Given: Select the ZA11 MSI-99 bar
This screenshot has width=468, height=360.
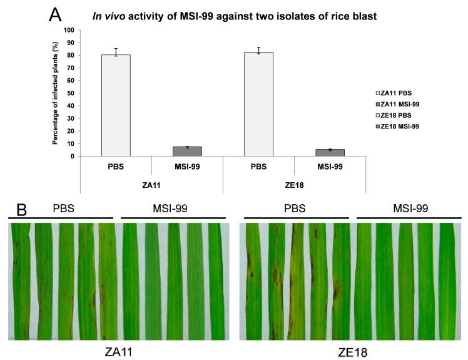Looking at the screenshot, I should (x=187, y=152).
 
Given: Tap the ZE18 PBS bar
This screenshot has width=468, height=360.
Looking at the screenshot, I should (x=258, y=104).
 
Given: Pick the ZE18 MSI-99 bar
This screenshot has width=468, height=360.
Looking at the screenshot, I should (x=330, y=153).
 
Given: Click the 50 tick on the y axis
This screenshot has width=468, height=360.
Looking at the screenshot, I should (x=71, y=93).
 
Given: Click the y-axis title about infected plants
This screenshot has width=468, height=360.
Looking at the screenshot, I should (x=56, y=93).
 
